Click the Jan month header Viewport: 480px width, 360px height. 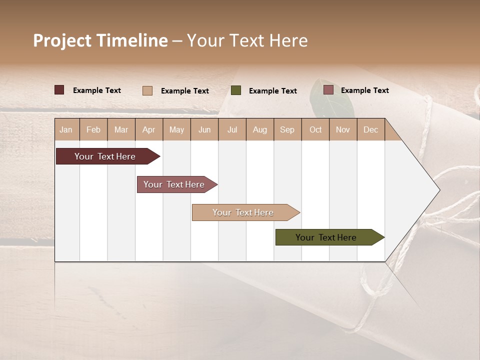coord(66,129)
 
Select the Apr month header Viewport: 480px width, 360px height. coord(149,129)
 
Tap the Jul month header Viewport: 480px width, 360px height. coord(232,129)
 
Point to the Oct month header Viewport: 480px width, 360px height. coord(315,129)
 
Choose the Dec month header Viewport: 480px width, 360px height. coord(370,129)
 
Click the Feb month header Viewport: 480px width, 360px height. coord(93,129)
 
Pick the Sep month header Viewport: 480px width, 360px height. coord(287,129)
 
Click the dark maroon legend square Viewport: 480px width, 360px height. coord(59,90)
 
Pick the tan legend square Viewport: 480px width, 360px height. coord(147,90)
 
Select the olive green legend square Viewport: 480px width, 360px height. coord(236,90)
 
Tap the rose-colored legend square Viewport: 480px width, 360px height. coord(328,90)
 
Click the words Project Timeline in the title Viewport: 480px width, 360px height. coord(100,40)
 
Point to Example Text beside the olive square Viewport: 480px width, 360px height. coord(273,91)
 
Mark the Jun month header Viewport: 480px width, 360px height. coord(204,129)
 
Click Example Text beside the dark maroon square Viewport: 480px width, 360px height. coord(97,90)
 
